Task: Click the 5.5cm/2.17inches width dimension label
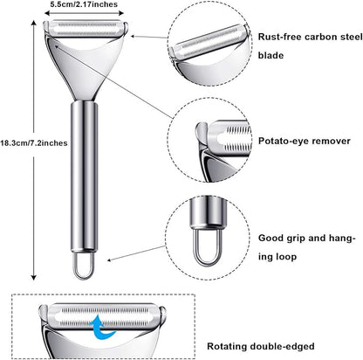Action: tap(84, 4)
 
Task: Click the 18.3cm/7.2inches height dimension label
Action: tap(34, 143)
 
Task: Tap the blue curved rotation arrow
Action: tap(102, 327)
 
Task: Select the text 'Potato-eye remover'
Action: tap(305, 142)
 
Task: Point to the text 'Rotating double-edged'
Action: tap(261, 346)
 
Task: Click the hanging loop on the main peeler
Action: tap(83, 265)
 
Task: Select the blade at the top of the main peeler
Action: tap(86, 28)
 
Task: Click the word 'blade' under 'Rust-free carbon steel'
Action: tap(271, 55)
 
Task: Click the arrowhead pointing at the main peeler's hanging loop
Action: tap(109, 260)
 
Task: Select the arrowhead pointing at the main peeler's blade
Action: tap(134, 37)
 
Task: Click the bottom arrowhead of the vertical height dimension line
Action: tap(34, 277)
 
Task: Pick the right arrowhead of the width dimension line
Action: tap(121, 13)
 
